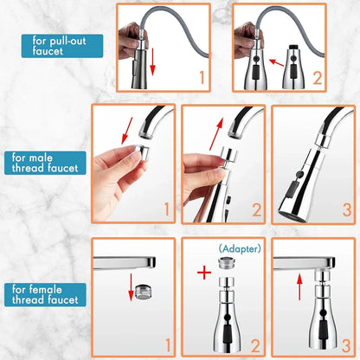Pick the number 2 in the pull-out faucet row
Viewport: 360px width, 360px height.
pos(318,77)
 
